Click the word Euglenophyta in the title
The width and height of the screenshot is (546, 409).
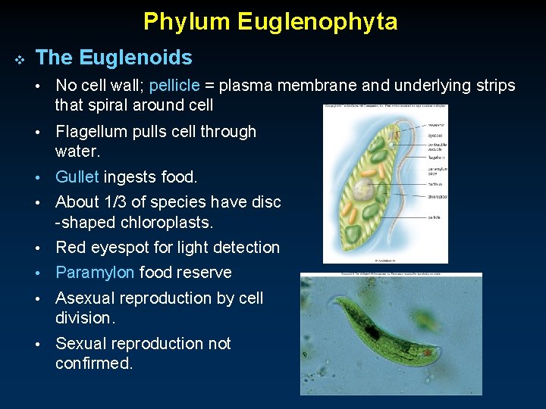[x=318, y=21]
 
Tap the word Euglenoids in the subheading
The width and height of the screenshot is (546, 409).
[x=136, y=58]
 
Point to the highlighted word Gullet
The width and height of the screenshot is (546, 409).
[x=77, y=177]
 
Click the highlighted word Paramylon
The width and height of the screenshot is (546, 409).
[x=95, y=273]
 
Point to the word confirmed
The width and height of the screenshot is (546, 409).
[x=93, y=364]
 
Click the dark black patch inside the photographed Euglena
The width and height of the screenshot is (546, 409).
[x=372, y=331]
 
